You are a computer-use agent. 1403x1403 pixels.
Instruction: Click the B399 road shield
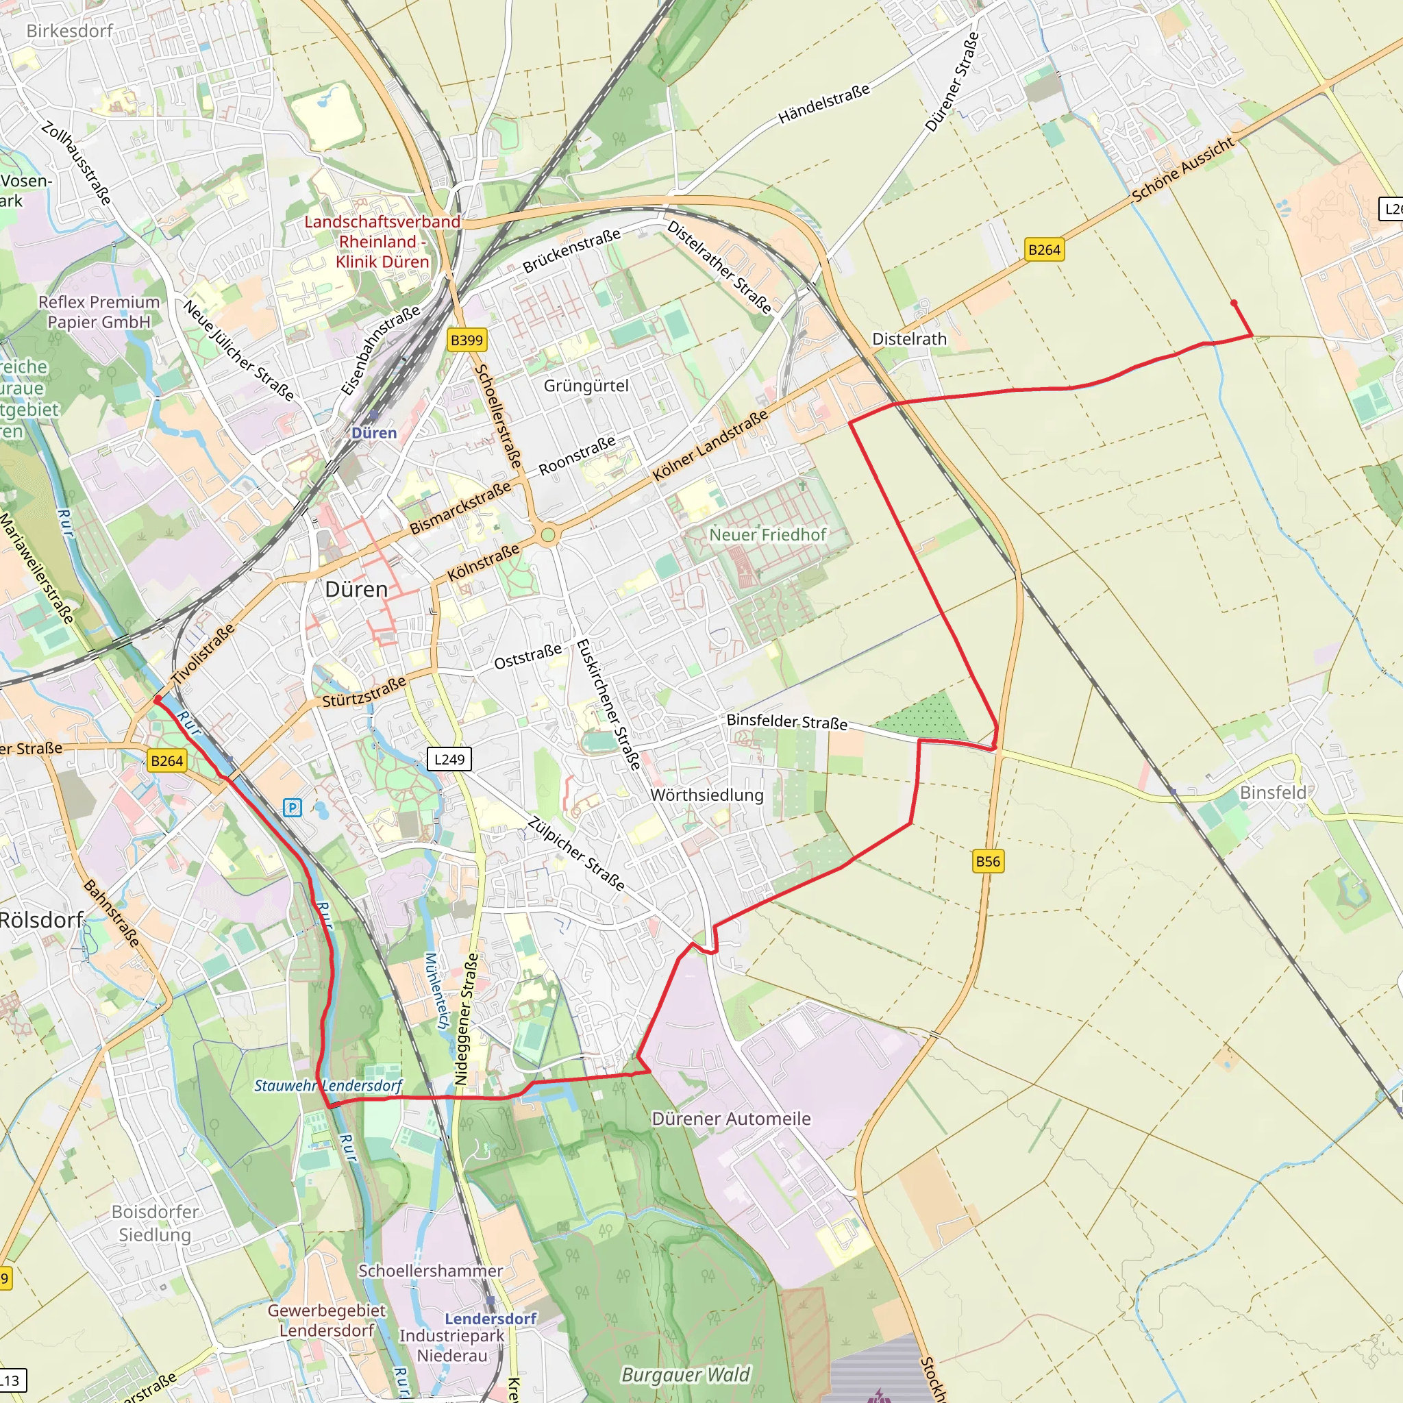pyautogui.click(x=467, y=340)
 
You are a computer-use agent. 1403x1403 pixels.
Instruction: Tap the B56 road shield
pyautogui.click(x=988, y=861)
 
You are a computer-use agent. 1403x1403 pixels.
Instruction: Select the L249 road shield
pyautogui.click(x=449, y=759)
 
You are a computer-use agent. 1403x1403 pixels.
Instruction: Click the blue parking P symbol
pyautogui.click(x=292, y=808)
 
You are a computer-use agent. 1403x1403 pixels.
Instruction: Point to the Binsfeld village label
pyautogui.click(x=1272, y=793)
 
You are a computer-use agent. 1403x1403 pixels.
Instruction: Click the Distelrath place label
pyautogui.click(x=909, y=339)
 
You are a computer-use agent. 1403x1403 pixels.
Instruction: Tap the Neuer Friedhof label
pyautogui.click(x=767, y=534)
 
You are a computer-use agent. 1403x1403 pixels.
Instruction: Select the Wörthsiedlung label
pyautogui.click(x=706, y=795)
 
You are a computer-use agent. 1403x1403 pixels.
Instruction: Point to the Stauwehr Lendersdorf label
pyautogui.click(x=327, y=1085)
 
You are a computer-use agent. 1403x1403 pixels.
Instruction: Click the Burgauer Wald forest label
pyautogui.click(x=686, y=1374)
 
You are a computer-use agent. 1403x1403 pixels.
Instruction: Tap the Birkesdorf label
pyautogui.click(x=70, y=31)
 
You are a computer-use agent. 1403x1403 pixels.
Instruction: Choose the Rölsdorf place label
pyautogui.click(x=42, y=920)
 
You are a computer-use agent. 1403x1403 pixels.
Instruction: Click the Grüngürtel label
pyautogui.click(x=586, y=386)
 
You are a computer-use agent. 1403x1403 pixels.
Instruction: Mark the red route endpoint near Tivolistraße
pyautogui.click(x=158, y=699)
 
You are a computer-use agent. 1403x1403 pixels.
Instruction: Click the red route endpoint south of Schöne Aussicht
pyautogui.click(x=1234, y=303)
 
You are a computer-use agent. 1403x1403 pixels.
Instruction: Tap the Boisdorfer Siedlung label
pyautogui.click(x=155, y=1223)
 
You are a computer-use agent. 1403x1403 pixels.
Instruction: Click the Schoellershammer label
pyautogui.click(x=430, y=1271)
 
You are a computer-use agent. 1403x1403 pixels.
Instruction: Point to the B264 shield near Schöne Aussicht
pyautogui.click(x=1044, y=250)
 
